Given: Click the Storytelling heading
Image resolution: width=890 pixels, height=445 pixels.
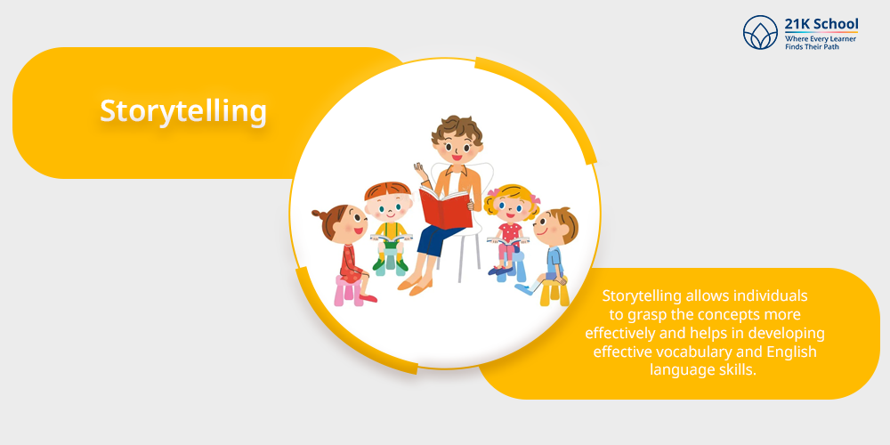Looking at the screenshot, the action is click(183, 111).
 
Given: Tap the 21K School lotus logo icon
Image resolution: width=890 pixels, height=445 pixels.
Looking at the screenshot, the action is click(760, 32).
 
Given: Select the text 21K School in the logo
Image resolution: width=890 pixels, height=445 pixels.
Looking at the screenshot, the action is click(821, 24).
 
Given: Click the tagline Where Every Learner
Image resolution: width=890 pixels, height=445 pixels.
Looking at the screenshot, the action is click(821, 38).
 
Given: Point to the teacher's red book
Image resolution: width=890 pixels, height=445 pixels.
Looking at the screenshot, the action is click(446, 207).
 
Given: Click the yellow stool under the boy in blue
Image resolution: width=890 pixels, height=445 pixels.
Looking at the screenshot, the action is click(554, 291).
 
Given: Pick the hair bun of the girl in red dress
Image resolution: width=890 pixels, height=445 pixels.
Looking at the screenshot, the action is click(319, 214).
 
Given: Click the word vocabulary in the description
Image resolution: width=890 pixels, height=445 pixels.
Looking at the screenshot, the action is click(693, 352).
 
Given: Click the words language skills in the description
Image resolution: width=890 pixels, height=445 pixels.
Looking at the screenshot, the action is click(703, 370).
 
